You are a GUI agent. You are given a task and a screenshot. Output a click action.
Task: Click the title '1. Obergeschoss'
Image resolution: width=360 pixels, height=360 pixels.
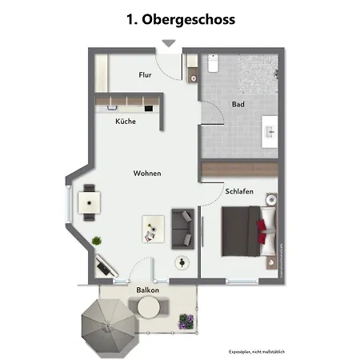180,19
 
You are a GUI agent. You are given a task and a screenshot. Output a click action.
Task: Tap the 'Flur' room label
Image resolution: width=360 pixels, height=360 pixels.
145,75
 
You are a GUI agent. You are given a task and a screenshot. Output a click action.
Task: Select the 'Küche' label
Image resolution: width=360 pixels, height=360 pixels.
125,122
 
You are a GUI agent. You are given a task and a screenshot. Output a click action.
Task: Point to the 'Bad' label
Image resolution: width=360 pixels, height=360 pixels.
238,105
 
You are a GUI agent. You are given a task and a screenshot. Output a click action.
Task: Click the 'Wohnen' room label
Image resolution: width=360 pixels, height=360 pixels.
148,174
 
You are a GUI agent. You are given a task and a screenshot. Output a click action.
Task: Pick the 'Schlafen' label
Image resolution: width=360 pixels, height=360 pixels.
239,192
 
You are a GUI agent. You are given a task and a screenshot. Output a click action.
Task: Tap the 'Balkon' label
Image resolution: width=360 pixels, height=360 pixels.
146,290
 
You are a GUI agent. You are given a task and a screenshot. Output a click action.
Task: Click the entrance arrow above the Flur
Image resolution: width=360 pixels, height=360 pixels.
168,44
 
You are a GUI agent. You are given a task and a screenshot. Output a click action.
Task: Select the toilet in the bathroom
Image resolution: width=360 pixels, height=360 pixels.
214,63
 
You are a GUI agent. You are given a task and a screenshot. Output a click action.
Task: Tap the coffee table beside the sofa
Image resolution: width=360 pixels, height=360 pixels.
152,230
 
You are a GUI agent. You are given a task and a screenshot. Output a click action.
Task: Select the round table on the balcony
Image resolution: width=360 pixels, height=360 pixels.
148,306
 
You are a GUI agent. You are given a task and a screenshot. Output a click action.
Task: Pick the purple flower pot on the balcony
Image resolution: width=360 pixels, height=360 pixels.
186,322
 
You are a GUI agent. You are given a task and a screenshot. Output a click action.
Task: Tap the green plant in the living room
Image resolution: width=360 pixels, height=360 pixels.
97,240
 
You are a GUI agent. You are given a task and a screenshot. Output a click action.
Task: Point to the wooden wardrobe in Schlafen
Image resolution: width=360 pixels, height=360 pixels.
241,169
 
